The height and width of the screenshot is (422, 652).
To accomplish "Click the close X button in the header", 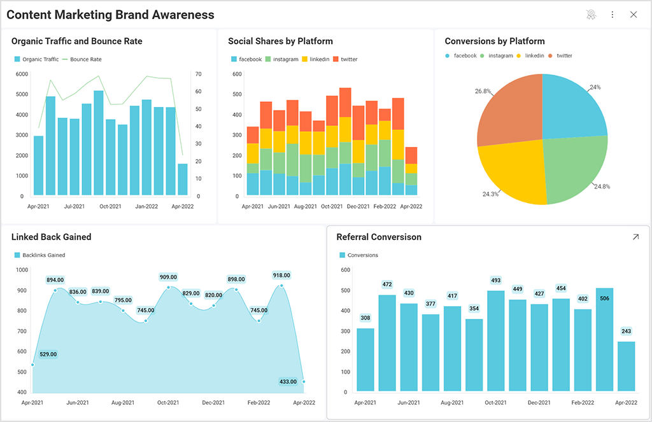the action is (x=633, y=15).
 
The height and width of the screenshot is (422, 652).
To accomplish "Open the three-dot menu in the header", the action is (x=613, y=15).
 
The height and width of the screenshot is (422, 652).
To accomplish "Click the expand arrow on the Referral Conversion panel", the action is (x=635, y=237).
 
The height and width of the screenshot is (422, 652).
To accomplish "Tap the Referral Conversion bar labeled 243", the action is (x=627, y=366).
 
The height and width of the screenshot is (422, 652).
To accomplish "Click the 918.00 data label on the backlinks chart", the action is (x=281, y=276).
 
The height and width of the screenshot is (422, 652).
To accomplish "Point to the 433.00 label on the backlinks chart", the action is (x=288, y=382).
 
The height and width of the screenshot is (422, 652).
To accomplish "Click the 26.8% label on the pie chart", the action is (x=483, y=91).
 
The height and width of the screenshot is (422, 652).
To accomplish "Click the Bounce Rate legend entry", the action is (x=85, y=59).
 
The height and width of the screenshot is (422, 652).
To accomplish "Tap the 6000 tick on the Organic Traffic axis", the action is (x=22, y=74).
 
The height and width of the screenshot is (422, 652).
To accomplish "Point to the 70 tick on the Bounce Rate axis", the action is (x=198, y=74).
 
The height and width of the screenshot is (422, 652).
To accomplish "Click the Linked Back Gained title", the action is (x=51, y=237).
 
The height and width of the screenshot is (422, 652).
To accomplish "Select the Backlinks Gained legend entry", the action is (x=43, y=255).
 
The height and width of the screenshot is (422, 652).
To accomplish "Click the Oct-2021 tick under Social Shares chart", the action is (x=331, y=206).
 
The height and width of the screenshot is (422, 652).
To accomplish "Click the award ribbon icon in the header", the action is (x=592, y=15).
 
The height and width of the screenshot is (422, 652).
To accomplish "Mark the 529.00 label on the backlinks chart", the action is (x=48, y=354).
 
